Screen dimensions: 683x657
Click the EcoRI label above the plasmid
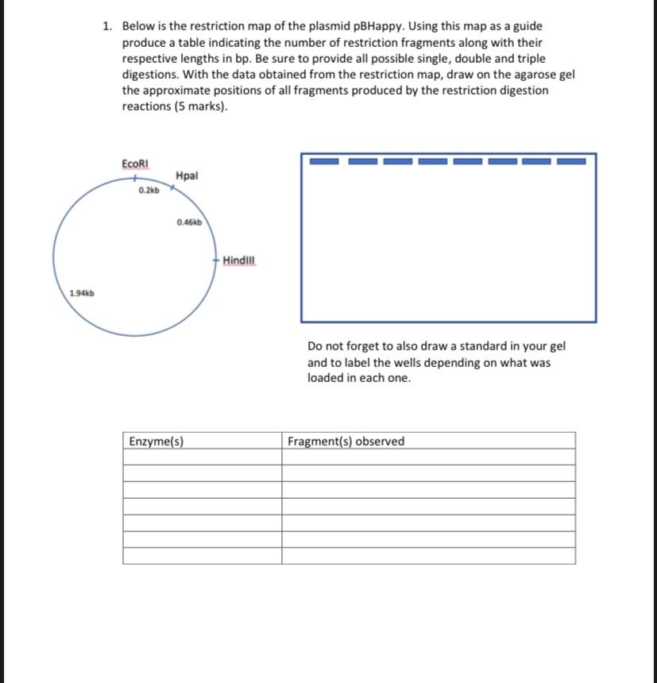point(134,163)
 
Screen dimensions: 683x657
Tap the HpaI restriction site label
point(187,175)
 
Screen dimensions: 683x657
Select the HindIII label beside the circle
point(240,260)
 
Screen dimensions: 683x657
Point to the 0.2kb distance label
point(149,191)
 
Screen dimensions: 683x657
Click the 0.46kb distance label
point(190,222)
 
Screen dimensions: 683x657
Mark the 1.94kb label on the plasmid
point(82,293)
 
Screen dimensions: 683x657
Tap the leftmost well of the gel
point(323,161)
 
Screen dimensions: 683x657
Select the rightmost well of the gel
point(571,161)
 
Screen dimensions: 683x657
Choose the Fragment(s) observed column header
point(346,441)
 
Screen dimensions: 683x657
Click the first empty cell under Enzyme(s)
point(203,457)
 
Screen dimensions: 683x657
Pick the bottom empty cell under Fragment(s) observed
point(428,555)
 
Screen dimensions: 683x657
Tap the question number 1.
point(107,26)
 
